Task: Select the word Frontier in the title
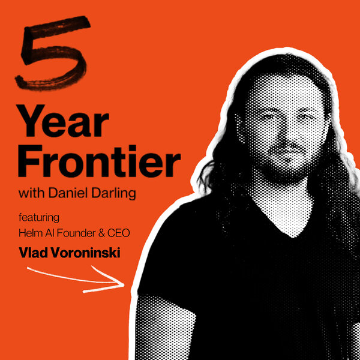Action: (100, 163)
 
